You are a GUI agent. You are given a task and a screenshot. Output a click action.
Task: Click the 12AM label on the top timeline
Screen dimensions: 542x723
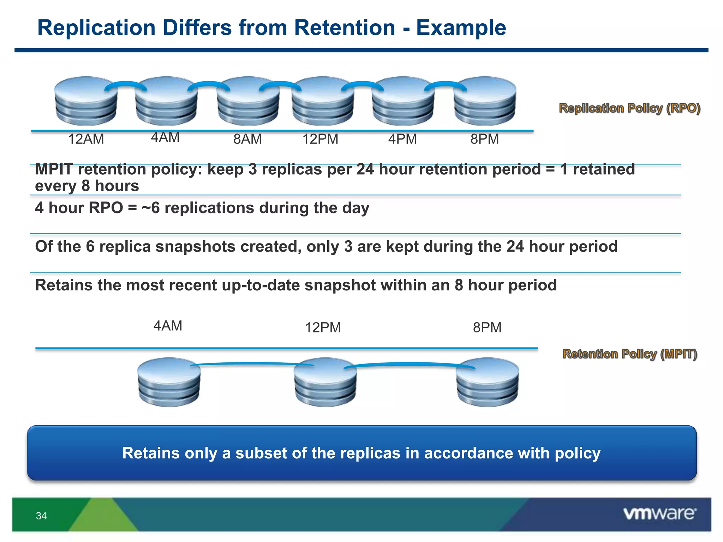(86, 139)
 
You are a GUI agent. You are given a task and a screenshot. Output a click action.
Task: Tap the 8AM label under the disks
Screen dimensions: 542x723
(247, 139)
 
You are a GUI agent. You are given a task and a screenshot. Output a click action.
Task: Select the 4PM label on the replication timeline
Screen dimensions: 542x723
(402, 139)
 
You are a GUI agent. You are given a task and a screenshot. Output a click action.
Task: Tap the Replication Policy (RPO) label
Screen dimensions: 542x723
(629, 108)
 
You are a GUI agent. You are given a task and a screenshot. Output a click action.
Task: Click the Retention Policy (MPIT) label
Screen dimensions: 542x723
(629, 354)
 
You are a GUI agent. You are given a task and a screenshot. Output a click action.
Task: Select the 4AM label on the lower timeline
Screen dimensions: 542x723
(168, 326)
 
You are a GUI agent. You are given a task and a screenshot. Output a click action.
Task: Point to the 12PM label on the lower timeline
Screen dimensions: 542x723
(323, 327)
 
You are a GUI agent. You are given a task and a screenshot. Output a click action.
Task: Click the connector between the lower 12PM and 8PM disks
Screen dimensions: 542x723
(410, 365)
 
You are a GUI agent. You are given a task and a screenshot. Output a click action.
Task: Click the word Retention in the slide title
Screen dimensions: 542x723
(345, 28)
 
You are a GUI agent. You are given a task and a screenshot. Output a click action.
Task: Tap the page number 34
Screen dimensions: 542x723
(41, 516)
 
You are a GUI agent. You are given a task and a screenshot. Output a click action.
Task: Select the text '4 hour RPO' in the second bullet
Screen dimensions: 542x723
(79, 208)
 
